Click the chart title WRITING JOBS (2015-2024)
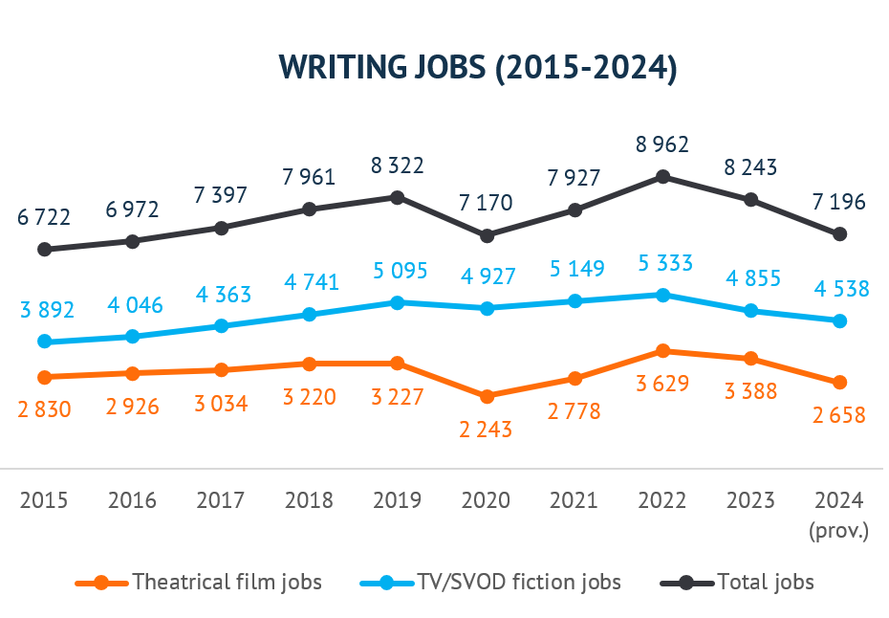(477, 69)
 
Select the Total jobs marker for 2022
(663, 177)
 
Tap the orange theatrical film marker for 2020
(487, 396)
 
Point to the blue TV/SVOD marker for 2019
(398, 302)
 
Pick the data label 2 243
(486, 430)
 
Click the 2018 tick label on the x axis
(309, 500)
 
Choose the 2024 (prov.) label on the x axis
(838, 515)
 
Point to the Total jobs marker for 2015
(44, 250)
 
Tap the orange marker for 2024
(840, 383)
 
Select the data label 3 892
(44, 310)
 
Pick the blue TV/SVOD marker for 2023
(751, 311)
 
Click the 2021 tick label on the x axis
(575, 500)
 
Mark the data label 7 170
(486, 203)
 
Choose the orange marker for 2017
(221, 370)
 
